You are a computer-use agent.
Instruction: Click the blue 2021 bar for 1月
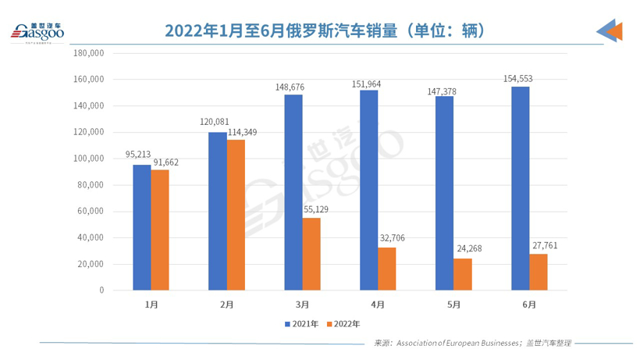(141, 227)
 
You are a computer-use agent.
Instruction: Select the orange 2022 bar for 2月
(236, 215)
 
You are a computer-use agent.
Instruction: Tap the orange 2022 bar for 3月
(311, 254)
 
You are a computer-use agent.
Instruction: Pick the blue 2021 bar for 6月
(520, 188)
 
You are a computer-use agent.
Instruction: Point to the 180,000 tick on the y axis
(88, 53)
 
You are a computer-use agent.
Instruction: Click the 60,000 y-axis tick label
(91, 211)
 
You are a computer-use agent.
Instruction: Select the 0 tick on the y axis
(101, 290)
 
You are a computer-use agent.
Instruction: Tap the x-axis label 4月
(378, 304)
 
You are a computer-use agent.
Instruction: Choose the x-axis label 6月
(529, 304)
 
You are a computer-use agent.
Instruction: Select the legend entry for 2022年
(343, 323)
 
